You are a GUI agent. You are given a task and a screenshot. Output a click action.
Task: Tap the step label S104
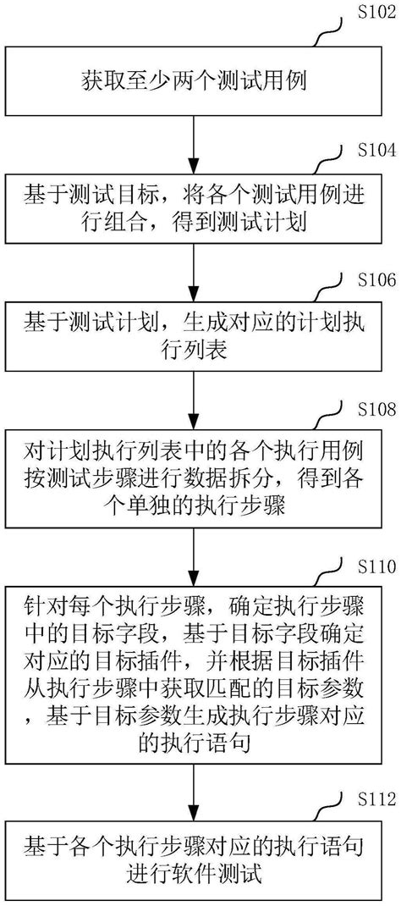pyautogui.click(x=366, y=149)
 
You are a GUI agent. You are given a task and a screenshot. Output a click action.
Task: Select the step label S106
pyautogui.click(x=366, y=281)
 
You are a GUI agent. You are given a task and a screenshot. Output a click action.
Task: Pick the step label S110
pyautogui.click(x=366, y=566)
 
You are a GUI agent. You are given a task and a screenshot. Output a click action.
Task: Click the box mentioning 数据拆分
pyautogui.click(x=195, y=480)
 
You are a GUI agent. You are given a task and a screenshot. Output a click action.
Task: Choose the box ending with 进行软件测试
pyautogui.click(x=195, y=863)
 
